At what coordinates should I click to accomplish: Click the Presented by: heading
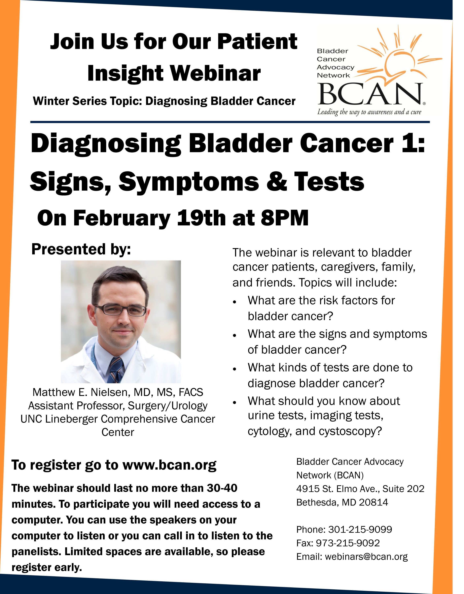pyautogui.click(x=81, y=249)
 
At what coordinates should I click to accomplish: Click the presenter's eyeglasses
pyautogui.click(x=120, y=310)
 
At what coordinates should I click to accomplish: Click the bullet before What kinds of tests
pyautogui.click(x=235, y=369)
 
